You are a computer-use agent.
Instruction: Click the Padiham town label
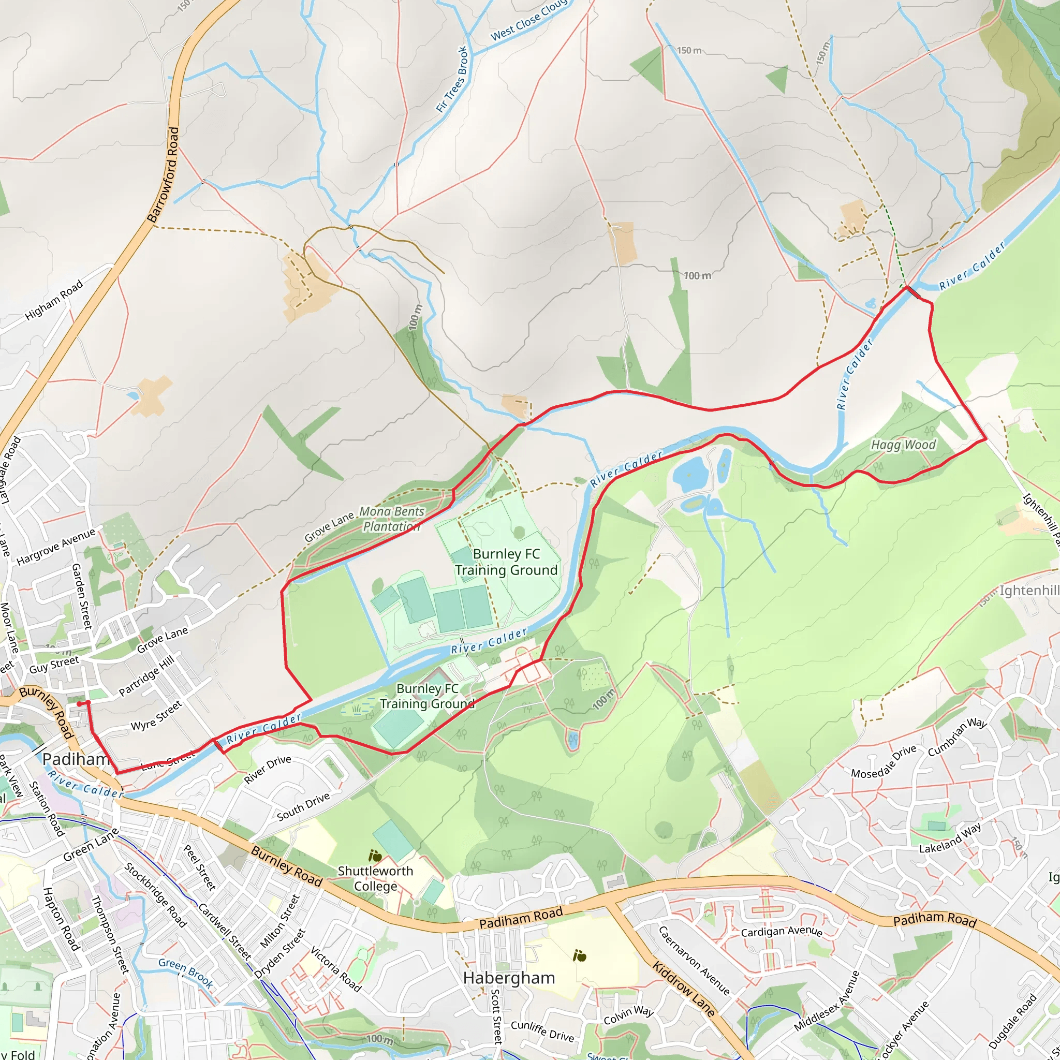click(x=76, y=759)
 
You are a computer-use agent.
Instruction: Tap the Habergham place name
click(x=509, y=978)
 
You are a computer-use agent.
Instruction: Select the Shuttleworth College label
click(x=375, y=878)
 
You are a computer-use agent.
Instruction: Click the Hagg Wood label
click(x=903, y=445)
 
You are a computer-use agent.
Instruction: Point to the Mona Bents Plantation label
click(x=392, y=519)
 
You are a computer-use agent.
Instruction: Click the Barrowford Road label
click(x=164, y=174)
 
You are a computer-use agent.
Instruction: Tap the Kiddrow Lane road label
click(x=683, y=988)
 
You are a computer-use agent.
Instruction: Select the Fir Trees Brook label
click(x=452, y=80)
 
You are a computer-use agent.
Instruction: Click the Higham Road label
click(x=54, y=300)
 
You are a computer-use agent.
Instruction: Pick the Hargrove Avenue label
click(x=56, y=546)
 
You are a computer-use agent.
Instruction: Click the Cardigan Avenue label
click(x=781, y=932)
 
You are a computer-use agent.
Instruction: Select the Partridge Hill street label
click(x=146, y=675)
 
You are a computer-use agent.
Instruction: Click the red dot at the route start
click(x=80, y=703)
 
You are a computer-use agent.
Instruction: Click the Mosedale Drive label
click(x=884, y=761)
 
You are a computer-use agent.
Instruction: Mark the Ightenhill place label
click(x=1029, y=591)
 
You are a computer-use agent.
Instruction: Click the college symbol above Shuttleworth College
click(x=375, y=856)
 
